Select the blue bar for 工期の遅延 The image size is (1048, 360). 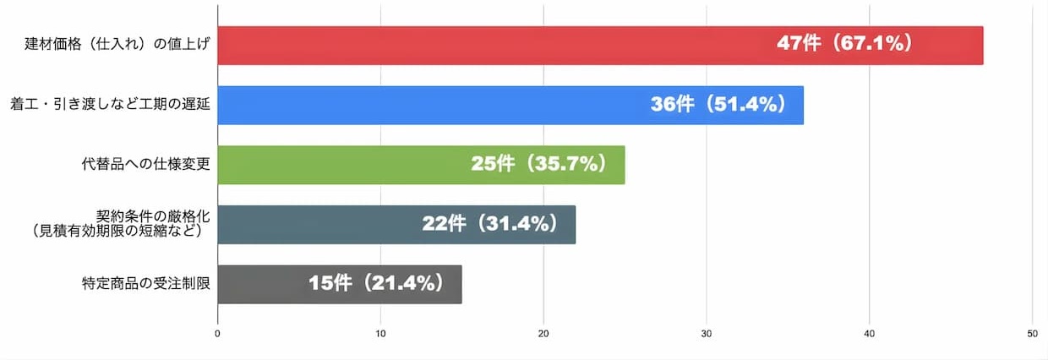coord(423,105)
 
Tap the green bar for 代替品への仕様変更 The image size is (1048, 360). coord(338,165)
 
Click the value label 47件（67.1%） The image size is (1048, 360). coord(846,45)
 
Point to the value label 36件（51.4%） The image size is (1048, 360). coord(719,105)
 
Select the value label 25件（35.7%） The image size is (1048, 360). coord(540,165)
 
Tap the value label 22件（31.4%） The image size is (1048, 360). coord(490,224)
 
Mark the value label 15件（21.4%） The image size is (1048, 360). coord(377,284)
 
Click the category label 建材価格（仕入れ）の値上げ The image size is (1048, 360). coord(117,45)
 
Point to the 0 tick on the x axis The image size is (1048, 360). coord(218,335)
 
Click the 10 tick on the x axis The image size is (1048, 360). coord(380,335)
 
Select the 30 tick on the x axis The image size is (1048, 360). coord(707,335)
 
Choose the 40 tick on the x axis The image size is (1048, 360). coord(870,335)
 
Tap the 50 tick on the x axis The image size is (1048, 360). coord(1032,335)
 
